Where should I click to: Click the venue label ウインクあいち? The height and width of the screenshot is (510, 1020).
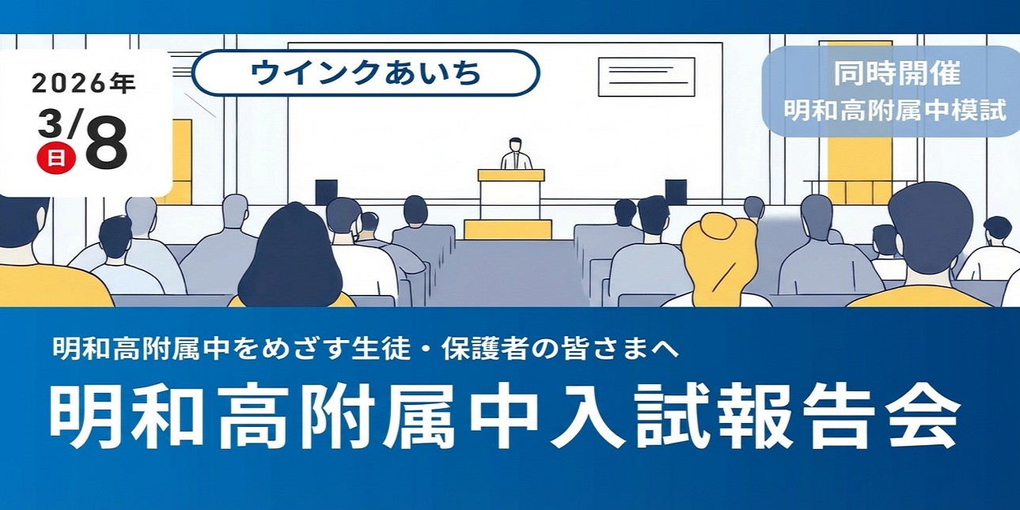[x=365, y=73]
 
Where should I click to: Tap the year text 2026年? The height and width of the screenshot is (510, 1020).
[x=83, y=83]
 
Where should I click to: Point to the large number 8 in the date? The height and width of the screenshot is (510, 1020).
[x=106, y=145]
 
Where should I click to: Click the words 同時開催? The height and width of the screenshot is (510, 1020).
[x=897, y=74]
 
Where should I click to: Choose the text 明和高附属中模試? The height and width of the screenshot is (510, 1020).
[x=895, y=111]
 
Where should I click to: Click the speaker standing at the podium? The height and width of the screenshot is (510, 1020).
[x=516, y=153]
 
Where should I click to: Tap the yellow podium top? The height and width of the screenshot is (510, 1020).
[x=510, y=175]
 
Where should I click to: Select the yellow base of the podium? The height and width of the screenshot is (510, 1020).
[x=507, y=229]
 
